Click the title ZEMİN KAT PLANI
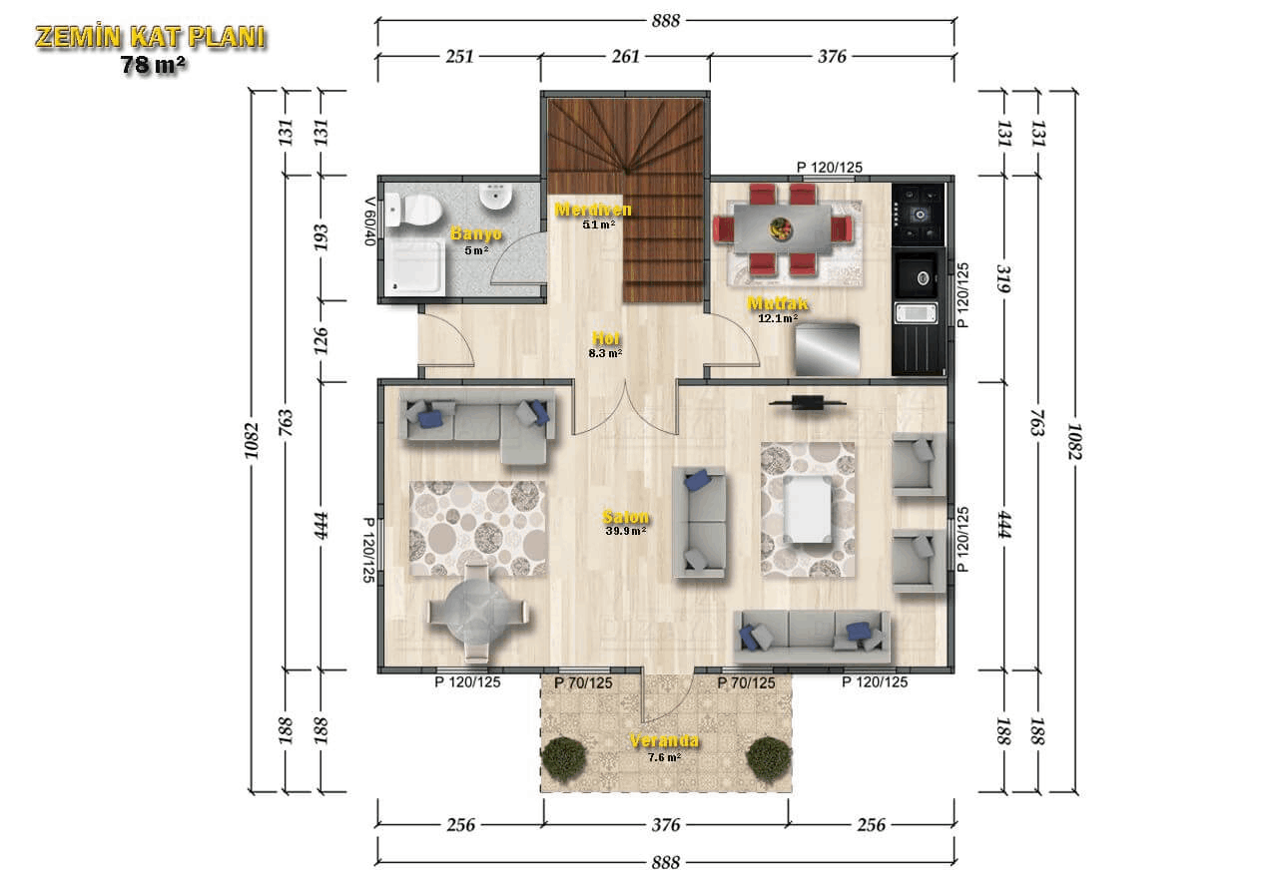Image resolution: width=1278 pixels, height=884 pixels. (151, 37)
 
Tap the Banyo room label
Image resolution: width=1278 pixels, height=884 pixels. (476, 233)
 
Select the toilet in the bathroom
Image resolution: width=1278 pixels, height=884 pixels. (413, 211)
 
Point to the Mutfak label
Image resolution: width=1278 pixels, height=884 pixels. (778, 304)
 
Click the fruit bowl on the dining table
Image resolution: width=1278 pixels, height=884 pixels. (781, 228)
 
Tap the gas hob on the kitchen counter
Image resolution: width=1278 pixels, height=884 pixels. (919, 215)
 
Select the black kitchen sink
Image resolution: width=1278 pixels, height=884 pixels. (917, 275)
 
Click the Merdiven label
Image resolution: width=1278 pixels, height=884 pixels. (593, 210)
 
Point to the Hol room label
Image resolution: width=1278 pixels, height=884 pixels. (605, 338)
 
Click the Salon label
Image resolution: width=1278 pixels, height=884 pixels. (626, 517)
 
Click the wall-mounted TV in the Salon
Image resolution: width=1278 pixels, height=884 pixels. (807, 402)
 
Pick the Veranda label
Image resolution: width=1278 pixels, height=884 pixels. (664, 741)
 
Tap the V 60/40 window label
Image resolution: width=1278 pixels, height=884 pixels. (369, 221)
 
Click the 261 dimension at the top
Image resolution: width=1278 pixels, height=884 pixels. (625, 57)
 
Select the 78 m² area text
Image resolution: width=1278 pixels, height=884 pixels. (153, 66)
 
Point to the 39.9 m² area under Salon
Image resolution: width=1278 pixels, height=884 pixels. (626, 531)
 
